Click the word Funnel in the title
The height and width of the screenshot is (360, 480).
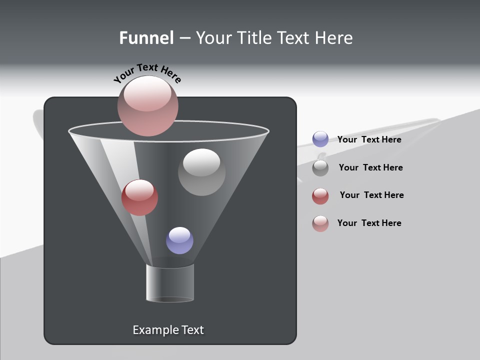pyautogui.click(x=146, y=37)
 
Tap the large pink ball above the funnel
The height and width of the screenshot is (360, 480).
pyautogui.click(x=147, y=106)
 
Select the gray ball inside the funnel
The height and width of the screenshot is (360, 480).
pyautogui.click(x=201, y=172)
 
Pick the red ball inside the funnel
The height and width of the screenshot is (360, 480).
pyautogui.click(x=139, y=197)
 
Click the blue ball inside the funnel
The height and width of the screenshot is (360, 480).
pyautogui.click(x=179, y=240)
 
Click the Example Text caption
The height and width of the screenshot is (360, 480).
pyautogui.click(x=168, y=330)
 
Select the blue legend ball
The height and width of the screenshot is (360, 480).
pyautogui.click(x=320, y=139)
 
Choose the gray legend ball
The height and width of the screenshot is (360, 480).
pyautogui.click(x=320, y=168)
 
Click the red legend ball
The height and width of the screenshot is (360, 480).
pyautogui.click(x=320, y=196)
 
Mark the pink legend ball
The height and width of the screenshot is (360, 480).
pyautogui.click(x=320, y=223)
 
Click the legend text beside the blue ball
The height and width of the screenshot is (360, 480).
pyautogui.click(x=369, y=139)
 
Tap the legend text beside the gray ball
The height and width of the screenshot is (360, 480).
pyautogui.click(x=370, y=167)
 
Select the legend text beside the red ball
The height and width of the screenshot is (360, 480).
pyautogui.click(x=371, y=195)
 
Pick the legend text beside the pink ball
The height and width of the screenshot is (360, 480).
pyautogui.click(x=369, y=223)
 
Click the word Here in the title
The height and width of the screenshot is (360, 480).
pyautogui.click(x=334, y=37)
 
